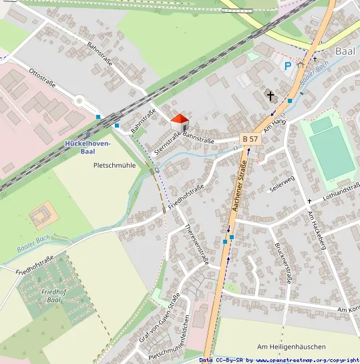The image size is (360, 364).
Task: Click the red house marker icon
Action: (x=180, y=123)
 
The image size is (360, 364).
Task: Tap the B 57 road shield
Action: (x=250, y=138)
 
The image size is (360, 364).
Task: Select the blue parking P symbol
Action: (x=288, y=66)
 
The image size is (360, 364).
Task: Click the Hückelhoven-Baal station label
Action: (x=89, y=148)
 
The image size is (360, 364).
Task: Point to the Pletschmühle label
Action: (x=115, y=165)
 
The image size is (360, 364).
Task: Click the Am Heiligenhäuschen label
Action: (x=291, y=347)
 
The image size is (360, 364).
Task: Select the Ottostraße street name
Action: (x=42, y=80)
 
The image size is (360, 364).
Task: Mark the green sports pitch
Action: (x=329, y=148)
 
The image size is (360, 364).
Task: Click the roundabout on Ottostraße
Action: (x=80, y=102)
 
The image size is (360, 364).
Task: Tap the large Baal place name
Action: (x=345, y=51)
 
